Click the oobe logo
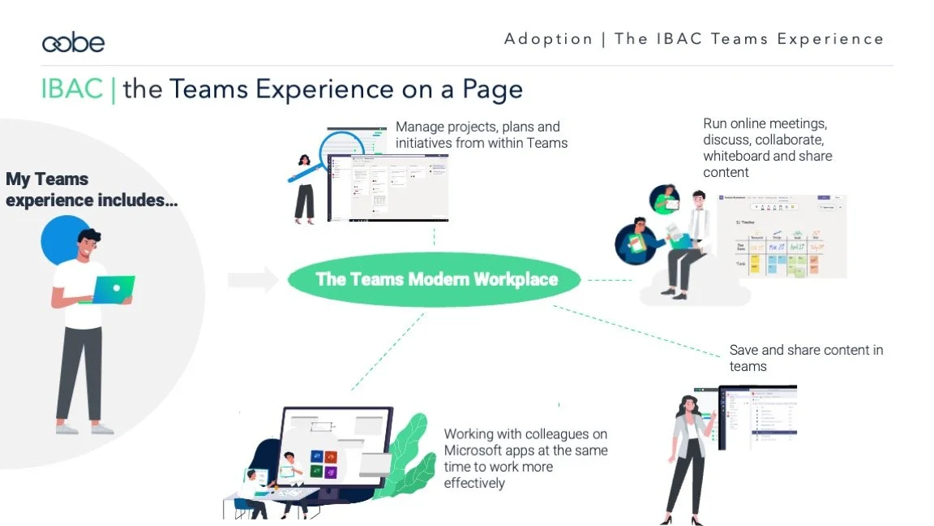click(x=73, y=42)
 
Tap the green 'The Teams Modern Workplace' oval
click(x=436, y=279)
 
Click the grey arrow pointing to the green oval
click(x=252, y=280)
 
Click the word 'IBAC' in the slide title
click(x=71, y=88)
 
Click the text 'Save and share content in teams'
click(x=805, y=358)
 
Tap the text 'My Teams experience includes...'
click(x=91, y=189)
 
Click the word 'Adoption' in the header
click(x=548, y=39)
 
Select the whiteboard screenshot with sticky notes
click(x=782, y=236)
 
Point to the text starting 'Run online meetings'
click(x=767, y=148)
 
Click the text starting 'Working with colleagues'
click(x=525, y=459)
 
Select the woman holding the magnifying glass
click(x=304, y=188)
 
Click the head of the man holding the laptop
click(x=91, y=247)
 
